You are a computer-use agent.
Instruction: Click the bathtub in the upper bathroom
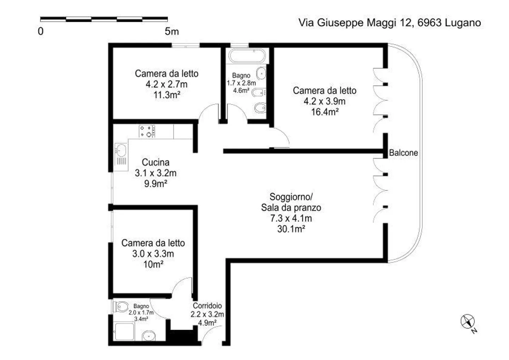tap(247, 56)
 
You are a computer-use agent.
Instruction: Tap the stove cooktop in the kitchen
tap(147, 131)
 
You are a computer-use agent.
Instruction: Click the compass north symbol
tap(468, 322)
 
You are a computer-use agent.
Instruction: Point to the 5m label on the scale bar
tap(172, 31)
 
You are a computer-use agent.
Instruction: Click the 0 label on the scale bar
tap(41, 31)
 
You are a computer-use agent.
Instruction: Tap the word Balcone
tap(403, 153)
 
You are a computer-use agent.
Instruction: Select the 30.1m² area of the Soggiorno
tap(291, 229)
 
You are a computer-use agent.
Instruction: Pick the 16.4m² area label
tap(324, 112)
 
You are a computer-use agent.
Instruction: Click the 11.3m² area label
tap(166, 95)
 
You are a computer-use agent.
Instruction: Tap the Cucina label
tap(156, 162)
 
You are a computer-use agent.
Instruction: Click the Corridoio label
tap(207, 306)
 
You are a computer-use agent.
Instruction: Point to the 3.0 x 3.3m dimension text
tap(153, 254)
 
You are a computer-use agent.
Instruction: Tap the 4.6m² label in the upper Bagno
tap(241, 90)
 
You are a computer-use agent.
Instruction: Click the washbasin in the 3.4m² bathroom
tap(149, 336)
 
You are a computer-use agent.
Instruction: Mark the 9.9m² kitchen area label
tap(156, 184)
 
